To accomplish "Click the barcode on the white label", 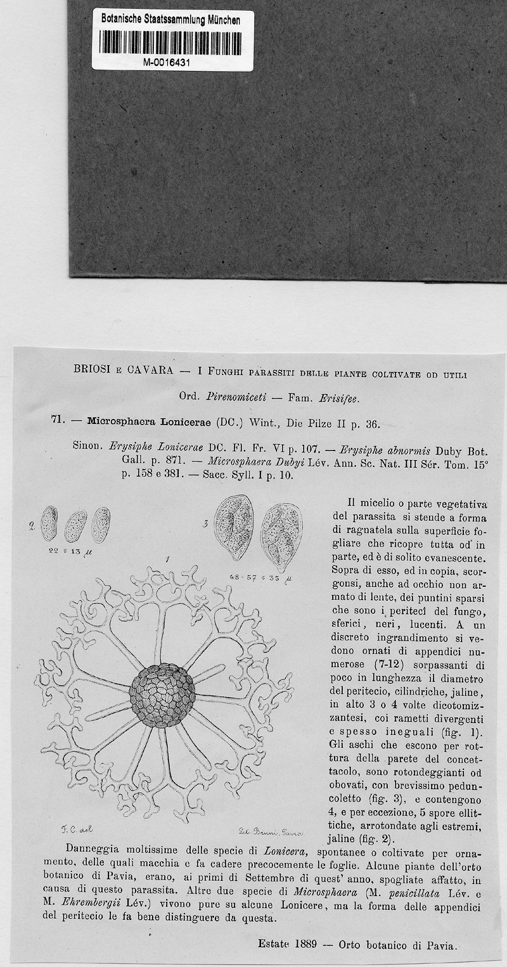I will [172, 41].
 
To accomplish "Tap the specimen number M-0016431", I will [172, 63].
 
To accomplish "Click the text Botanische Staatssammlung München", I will [171, 20].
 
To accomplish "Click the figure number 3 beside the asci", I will [207, 523].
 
